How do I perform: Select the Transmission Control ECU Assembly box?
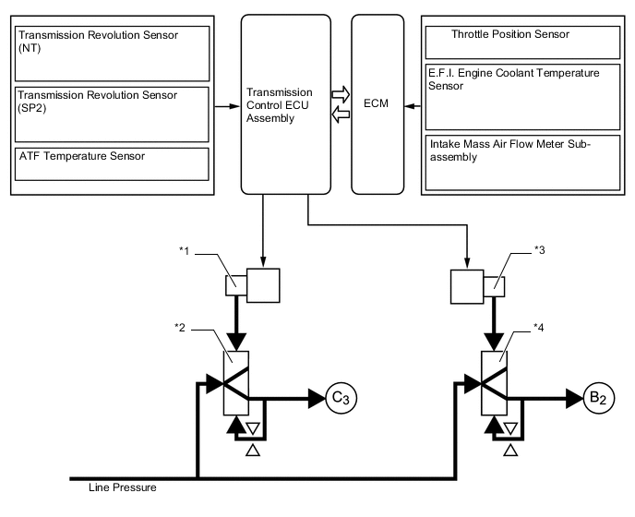(x=284, y=103)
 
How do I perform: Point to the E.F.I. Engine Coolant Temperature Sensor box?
(x=522, y=96)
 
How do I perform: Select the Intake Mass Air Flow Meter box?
(x=522, y=162)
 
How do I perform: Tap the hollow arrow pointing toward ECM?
(x=341, y=94)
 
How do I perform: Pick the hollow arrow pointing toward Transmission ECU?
(x=341, y=114)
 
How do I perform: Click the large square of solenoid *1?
(x=263, y=283)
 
